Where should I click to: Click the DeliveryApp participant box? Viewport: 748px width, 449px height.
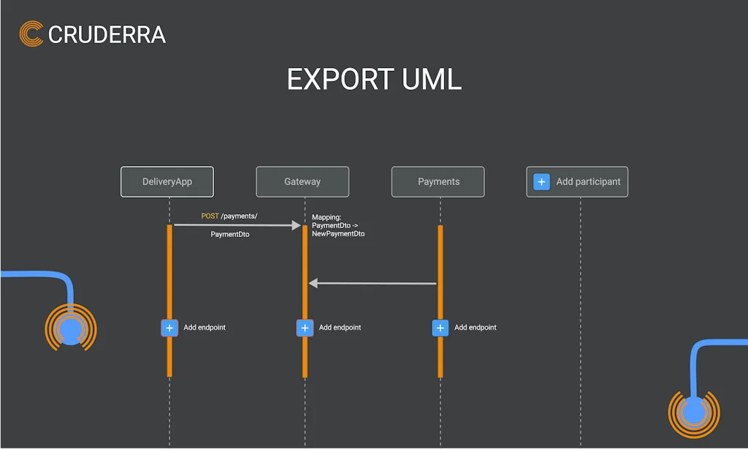pyautogui.click(x=167, y=182)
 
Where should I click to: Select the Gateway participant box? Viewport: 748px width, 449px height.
pyautogui.click(x=302, y=182)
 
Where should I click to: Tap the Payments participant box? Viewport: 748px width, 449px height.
pyautogui.click(x=438, y=182)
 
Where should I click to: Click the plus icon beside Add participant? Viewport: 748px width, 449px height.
pyautogui.click(x=541, y=182)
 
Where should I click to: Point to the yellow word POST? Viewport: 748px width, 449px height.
pyautogui.click(x=210, y=216)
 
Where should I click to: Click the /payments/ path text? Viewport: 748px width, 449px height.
pyautogui.click(x=240, y=216)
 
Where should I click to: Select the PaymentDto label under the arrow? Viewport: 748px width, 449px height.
pyautogui.click(x=230, y=235)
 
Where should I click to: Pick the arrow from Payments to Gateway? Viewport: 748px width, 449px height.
pyautogui.click(x=373, y=283)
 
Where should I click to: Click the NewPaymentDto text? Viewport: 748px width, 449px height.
pyautogui.click(x=338, y=234)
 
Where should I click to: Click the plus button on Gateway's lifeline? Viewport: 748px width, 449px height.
pyautogui.click(x=305, y=328)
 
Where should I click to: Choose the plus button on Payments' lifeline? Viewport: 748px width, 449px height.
pyautogui.click(x=440, y=328)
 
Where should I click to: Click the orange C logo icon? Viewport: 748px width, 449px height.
pyautogui.click(x=31, y=34)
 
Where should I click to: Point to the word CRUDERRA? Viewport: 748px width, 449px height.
pyautogui.click(x=107, y=34)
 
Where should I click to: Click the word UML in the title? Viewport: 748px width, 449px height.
pyautogui.click(x=432, y=80)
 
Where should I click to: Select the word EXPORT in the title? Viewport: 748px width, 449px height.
pyautogui.click(x=340, y=80)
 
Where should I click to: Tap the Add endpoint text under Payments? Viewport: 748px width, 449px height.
pyautogui.click(x=476, y=328)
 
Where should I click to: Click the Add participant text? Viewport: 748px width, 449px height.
pyautogui.click(x=588, y=182)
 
